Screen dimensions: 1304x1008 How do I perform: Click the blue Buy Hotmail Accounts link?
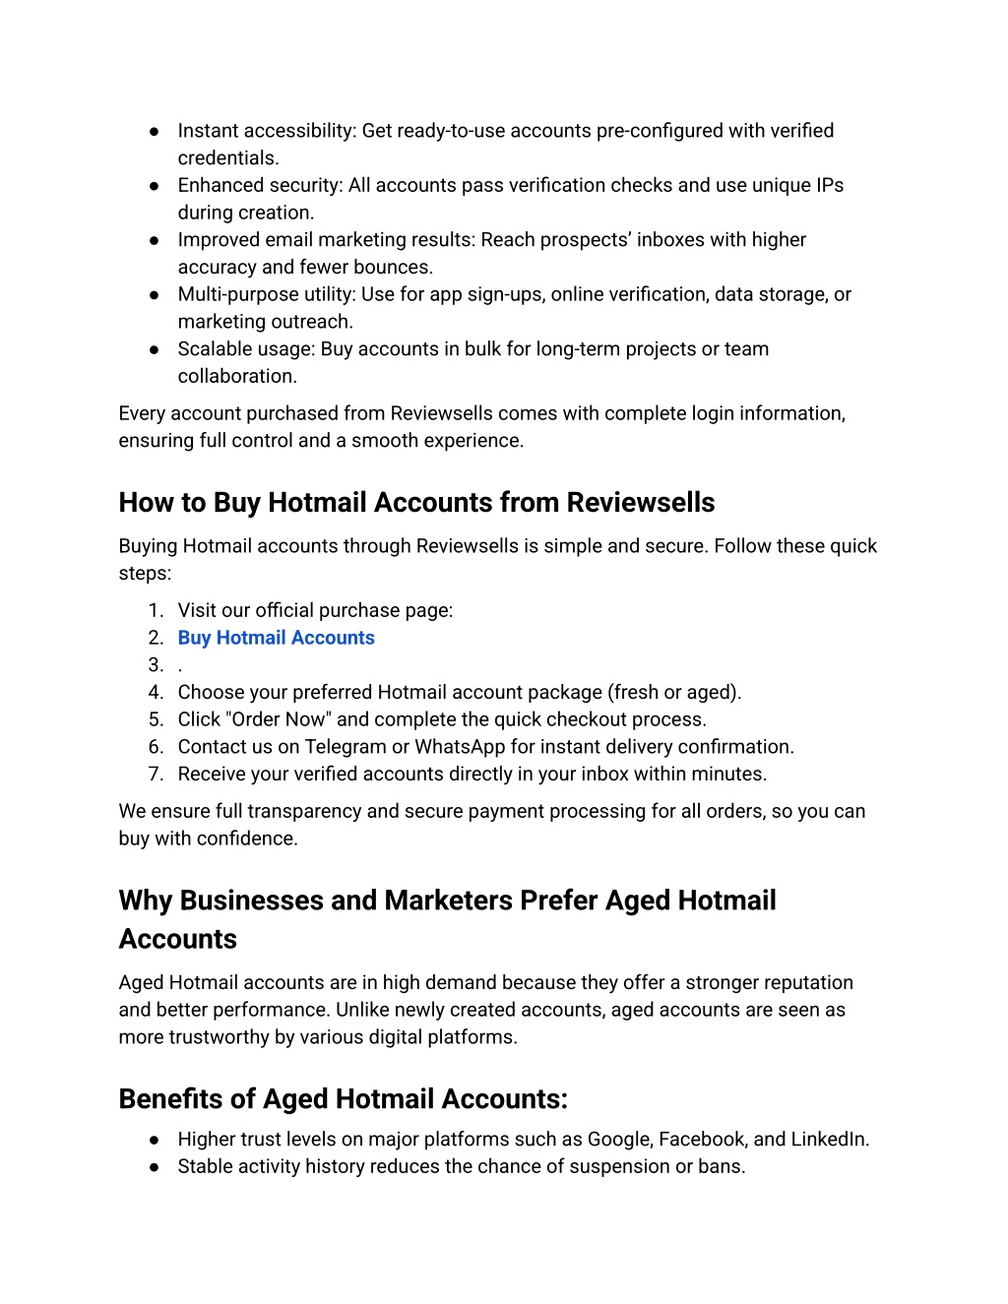(x=276, y=638)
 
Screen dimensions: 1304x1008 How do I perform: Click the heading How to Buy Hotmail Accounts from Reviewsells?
(x=416, y=503)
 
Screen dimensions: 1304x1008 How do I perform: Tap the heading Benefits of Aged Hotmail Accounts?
(x=343, y=1099)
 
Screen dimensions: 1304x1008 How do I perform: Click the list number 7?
(x=156, y=775)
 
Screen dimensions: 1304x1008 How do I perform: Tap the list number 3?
(x=156, y=665)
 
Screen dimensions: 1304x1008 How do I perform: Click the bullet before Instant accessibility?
(x=155, y=131)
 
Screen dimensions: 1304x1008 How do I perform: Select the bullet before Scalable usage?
(x=155, y=349)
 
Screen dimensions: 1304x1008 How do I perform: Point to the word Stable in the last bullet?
(x=204, y=1166)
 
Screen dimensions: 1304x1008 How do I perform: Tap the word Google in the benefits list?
(x=619, y=1140)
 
